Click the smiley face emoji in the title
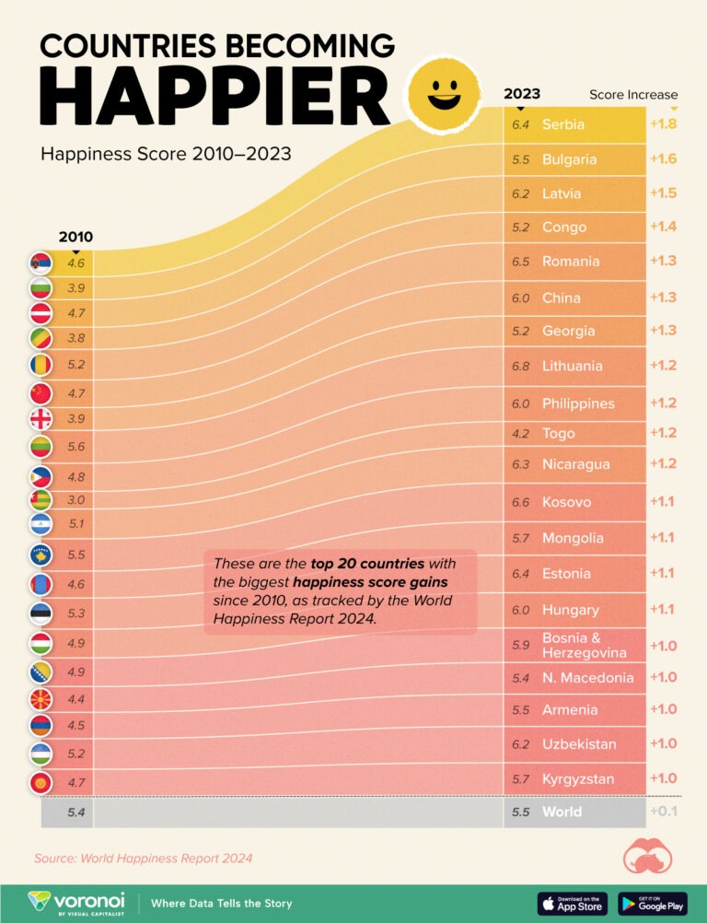pyautogui.click(x=445, y=95)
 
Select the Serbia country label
pyautogui.click(x=563, y=124)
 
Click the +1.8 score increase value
pyautogui.click(x=663, y=124)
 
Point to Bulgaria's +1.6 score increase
pyautogui.click(x=663, y=159)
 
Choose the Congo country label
pyautogui.click(x=563, y=228)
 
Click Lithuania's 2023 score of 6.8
pyautogui.click(x=521, y=366)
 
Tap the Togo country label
pyautogui.click(x=559, y=433)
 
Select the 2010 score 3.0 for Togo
pyautogui.click(x=75, y=500)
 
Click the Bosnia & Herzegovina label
pyautogui.click(x=584, y=645)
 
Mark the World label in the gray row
pyautogui.click(x=562, y=812)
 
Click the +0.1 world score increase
pyautogui.click(x=663, y=812)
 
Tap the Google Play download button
pyautogui.click(x=652, y=904)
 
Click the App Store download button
pyautogui.click(x=572, y=904)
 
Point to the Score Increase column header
pyautogui.click(x=633, y=95)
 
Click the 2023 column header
pyautogui.click(x=522, y=94)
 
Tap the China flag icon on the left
pyautogui.click(x=41, y=394)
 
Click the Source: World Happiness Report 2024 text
pyautogui.click(x=143, y=859)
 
